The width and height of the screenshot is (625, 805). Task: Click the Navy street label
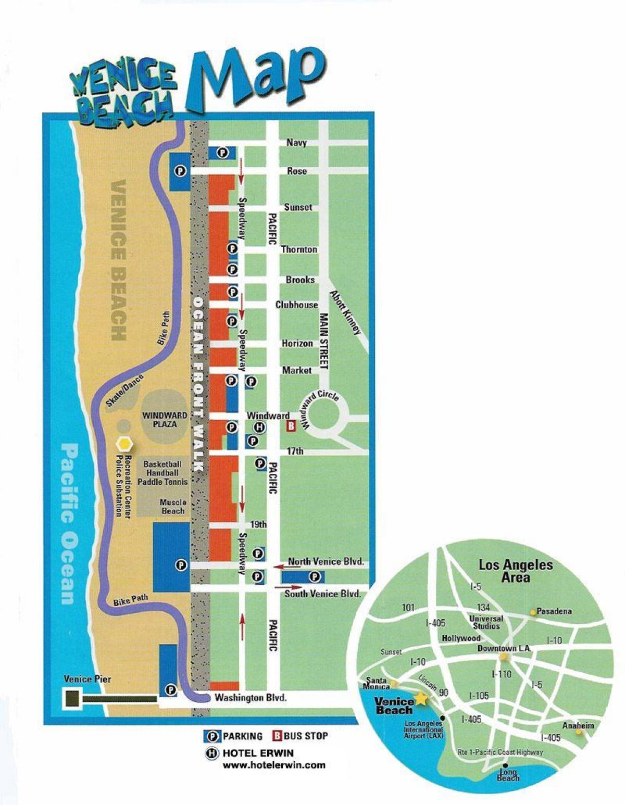[296, 142]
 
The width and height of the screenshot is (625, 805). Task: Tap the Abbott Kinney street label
[345, 312]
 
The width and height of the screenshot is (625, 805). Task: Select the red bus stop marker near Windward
[292, 426]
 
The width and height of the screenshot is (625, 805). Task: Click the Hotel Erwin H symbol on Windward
[259, 427]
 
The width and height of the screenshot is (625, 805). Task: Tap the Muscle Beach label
[173, 507]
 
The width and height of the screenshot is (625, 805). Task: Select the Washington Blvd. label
[251, 698]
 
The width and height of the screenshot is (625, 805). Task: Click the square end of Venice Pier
[72, 698]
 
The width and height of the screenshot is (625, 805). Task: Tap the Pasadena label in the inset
[554, 611]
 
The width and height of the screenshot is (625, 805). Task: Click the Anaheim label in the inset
[578, 725]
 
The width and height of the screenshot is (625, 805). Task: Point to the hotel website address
[274, 765]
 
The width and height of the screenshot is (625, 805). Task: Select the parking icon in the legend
[213, 736]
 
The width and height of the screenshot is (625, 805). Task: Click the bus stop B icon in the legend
[277, 736]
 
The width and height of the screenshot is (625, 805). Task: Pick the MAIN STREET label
[324, 341]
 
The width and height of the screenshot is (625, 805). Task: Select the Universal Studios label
[486, 622]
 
